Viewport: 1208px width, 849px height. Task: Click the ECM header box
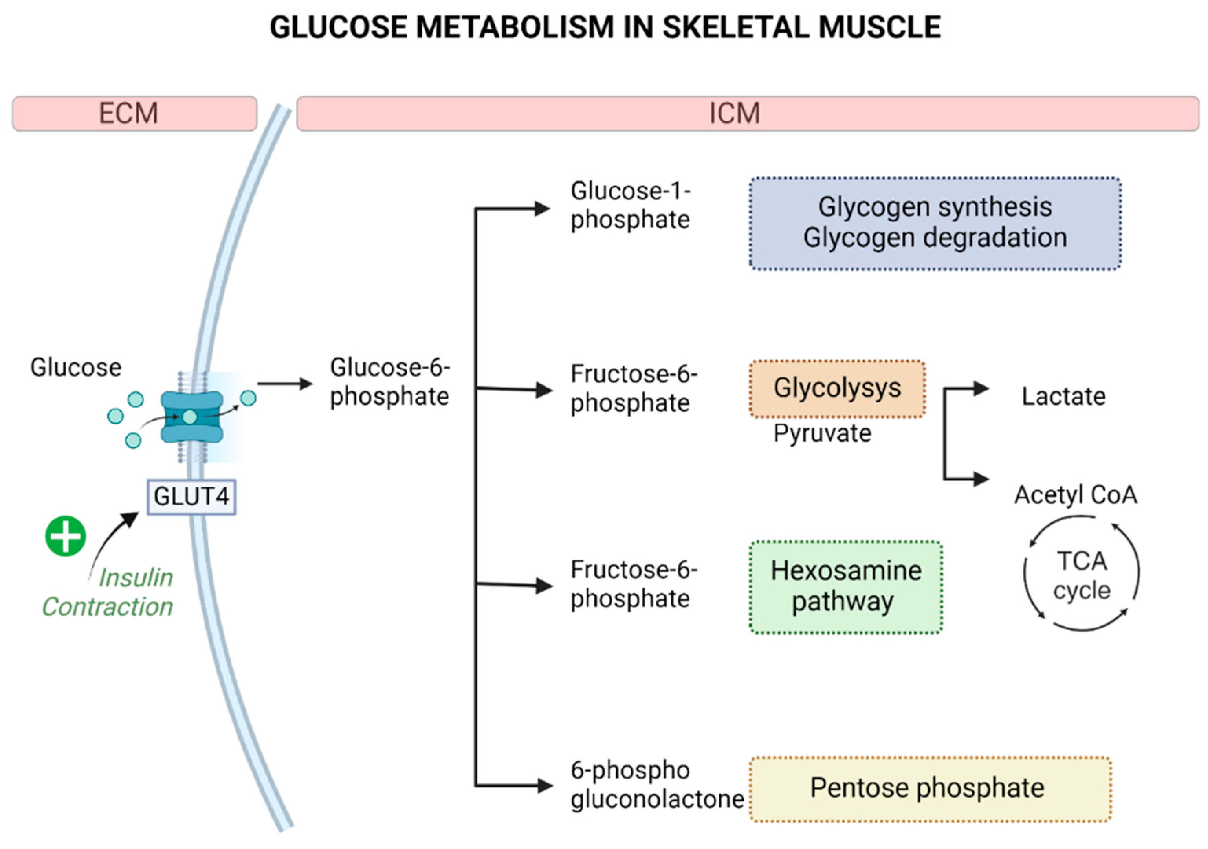(x=135, y=113)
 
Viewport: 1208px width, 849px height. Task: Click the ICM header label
(x=735, y=113)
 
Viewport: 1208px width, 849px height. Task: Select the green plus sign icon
(x=66, y=536)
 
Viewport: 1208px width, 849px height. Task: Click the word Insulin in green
(x=136, y=577)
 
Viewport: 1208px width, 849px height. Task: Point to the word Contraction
(x=108, y=607)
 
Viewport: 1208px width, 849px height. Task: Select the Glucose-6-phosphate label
(x=390, y=382)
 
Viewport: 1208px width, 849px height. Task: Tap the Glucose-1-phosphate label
(x=630, y=205)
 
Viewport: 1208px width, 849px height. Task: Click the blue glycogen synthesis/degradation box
(x=935, y=224)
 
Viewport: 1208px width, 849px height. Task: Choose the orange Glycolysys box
(x=837, y=389)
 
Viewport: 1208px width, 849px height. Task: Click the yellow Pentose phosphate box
(x=930, y=788)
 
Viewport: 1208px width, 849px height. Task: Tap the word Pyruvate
(x=822, y=434)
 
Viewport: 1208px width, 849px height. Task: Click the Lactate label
(x=1063, y=396)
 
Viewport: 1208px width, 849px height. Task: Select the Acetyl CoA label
(x=1076, y=495)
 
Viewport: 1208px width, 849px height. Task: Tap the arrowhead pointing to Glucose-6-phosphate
(x=306, y=384)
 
